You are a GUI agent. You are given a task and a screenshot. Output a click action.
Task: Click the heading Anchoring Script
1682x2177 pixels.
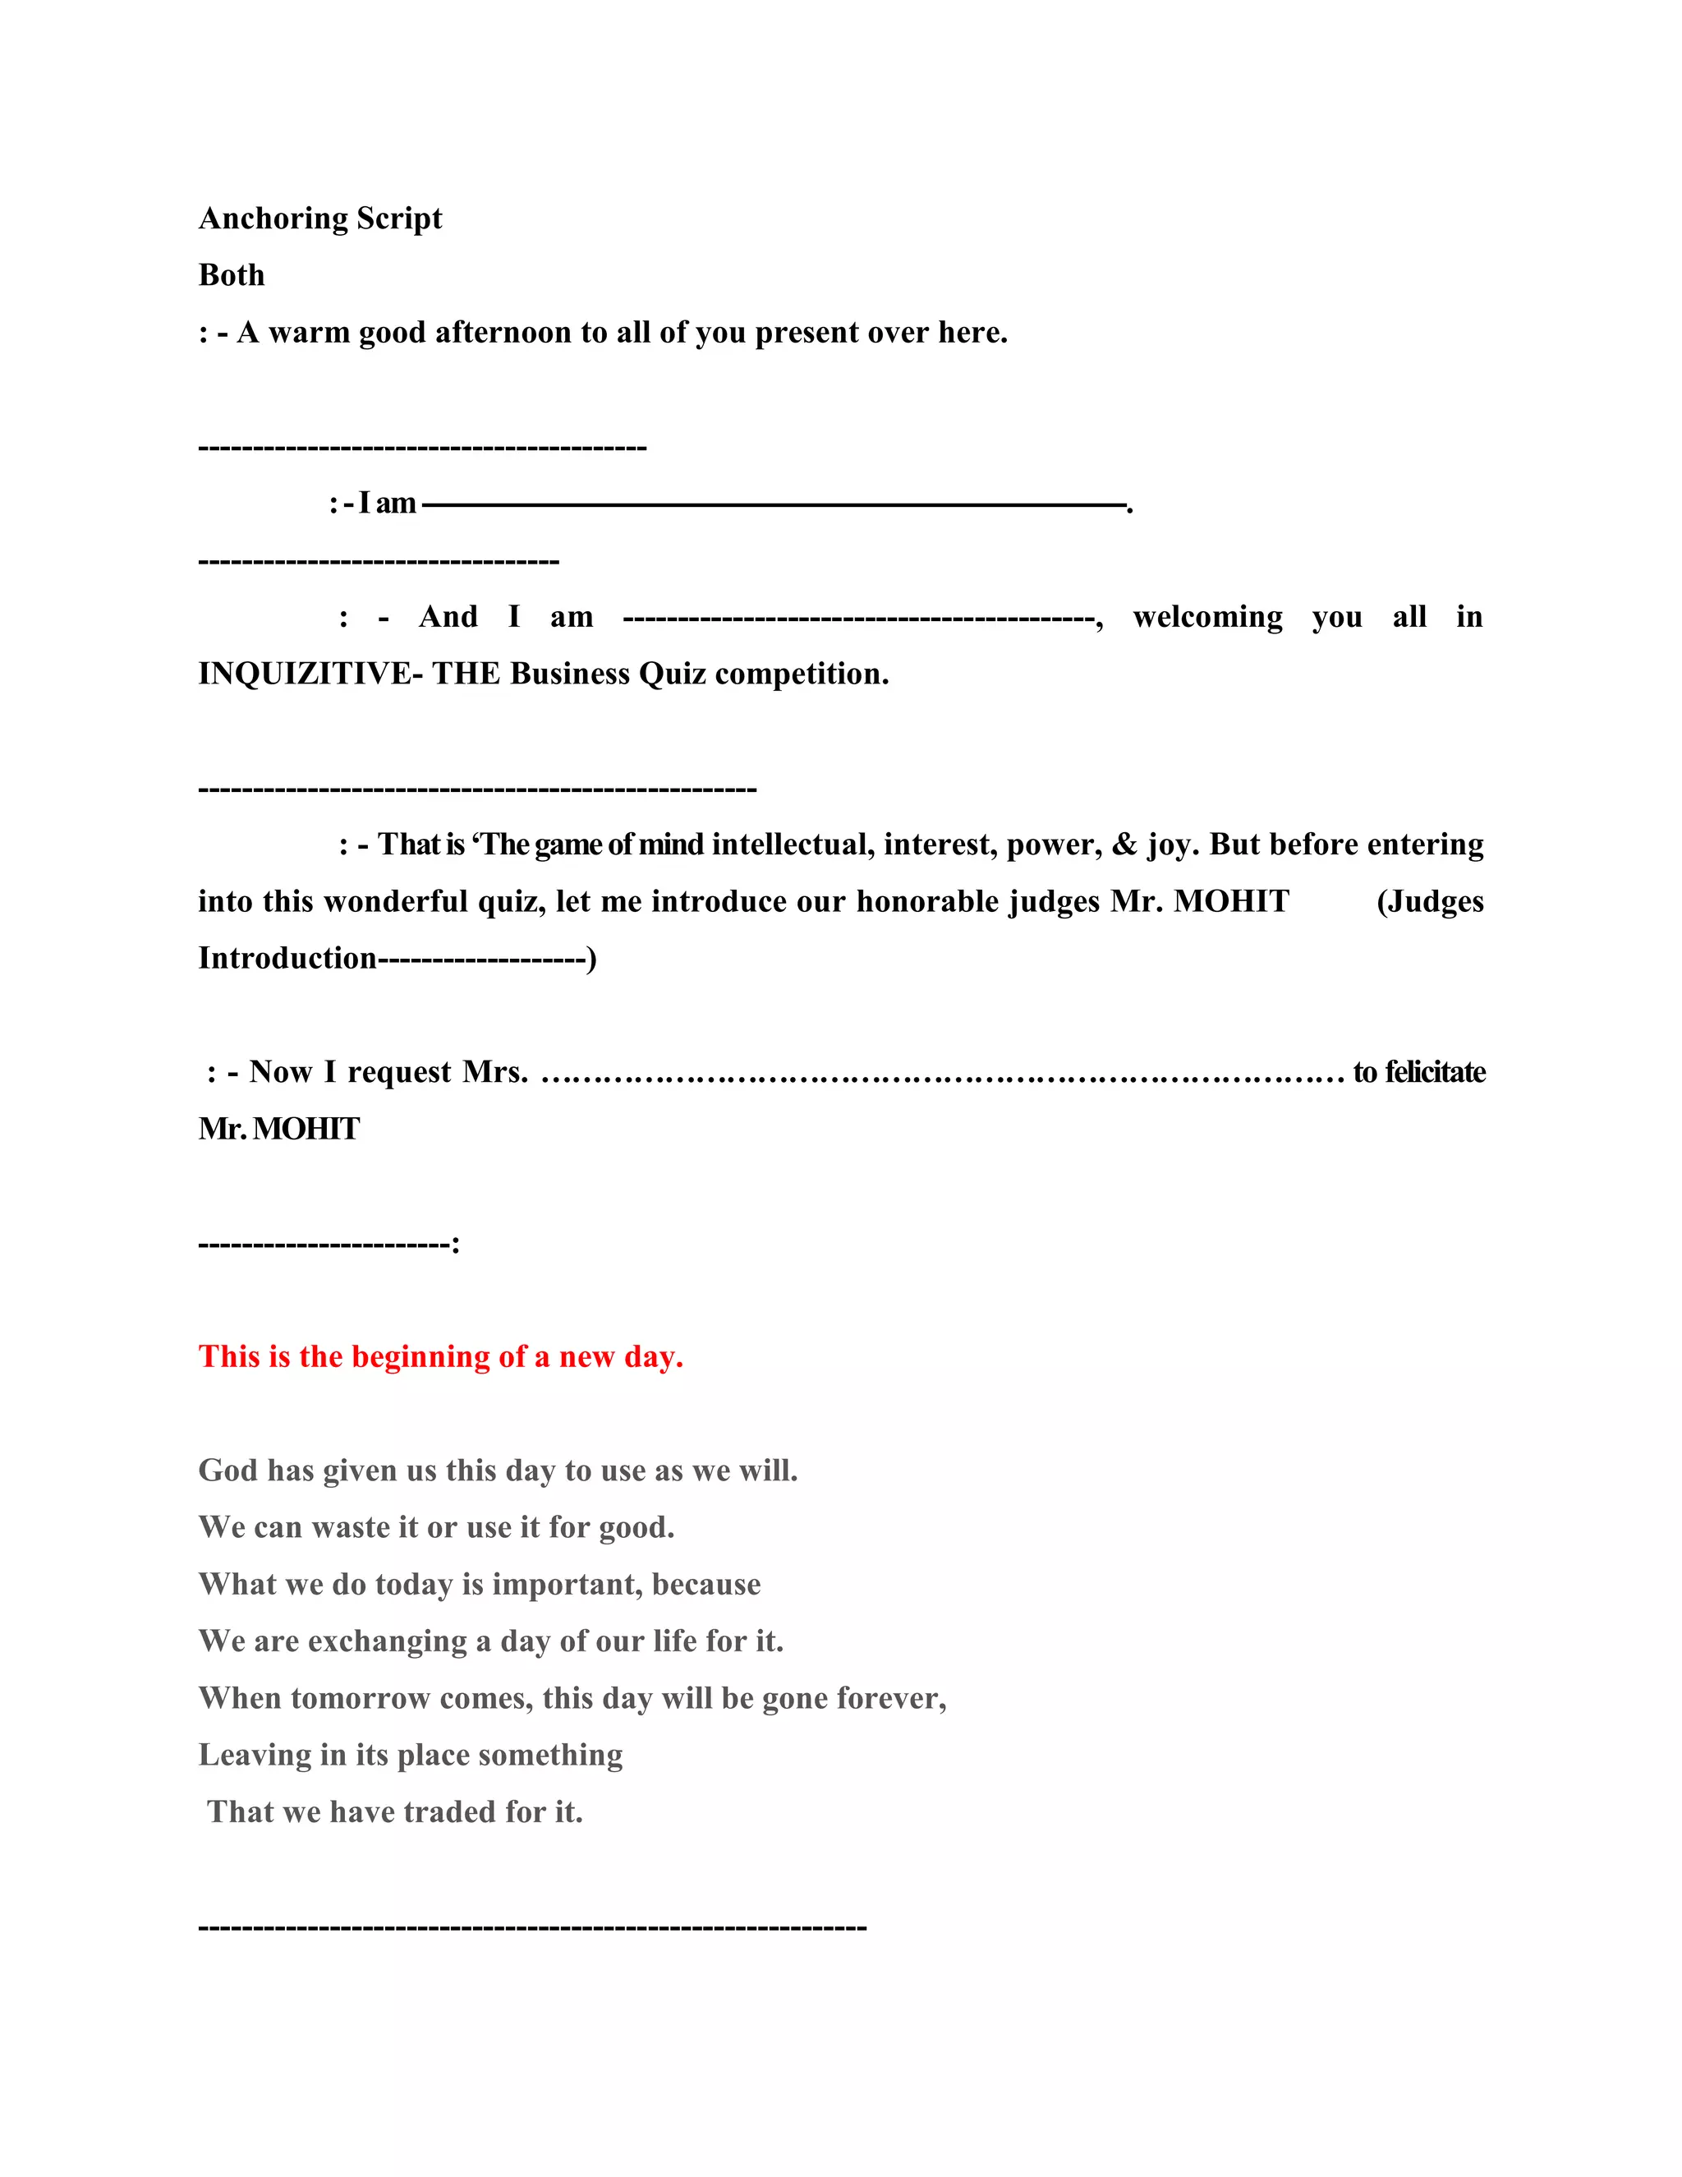click(x=319, y=219)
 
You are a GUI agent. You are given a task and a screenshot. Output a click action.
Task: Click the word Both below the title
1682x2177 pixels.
click(x=231, y=275)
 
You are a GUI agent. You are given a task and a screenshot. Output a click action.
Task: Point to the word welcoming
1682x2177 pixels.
click(x=1207, y=617)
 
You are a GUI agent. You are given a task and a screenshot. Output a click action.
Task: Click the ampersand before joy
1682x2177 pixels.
click(x=1125, y=845)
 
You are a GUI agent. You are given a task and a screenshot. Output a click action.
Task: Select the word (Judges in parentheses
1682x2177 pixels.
click(x=1430, y=901)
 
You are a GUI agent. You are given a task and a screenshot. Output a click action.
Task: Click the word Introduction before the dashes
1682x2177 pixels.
click(x=287, y=958)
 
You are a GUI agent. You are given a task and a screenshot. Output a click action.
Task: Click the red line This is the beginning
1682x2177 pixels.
click(x=440, y=1356)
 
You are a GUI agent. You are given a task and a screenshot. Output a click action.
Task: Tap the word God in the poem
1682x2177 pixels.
click(x=228, y=1471)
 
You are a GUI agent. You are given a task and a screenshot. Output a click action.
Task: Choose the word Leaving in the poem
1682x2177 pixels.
click(x=255, y=1755)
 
